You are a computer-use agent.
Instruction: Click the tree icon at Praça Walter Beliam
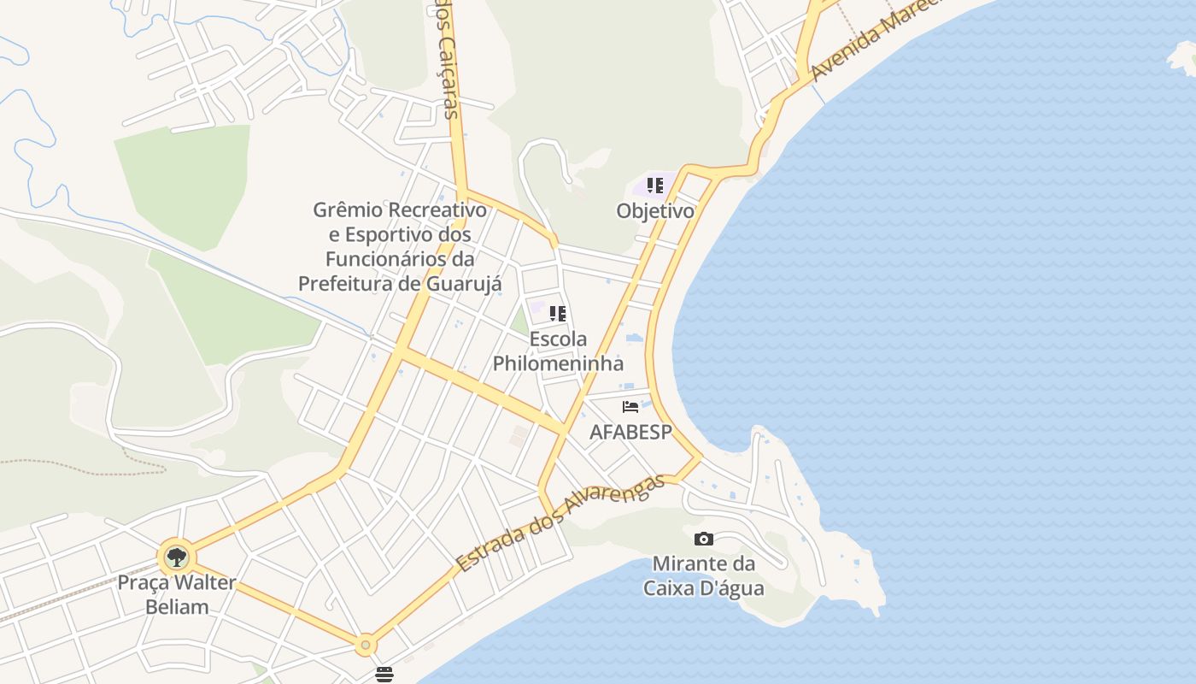[x=177, y=558]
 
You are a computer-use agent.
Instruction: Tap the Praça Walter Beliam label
[x=177, y=595]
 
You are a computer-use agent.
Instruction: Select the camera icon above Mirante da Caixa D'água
[x=704, y=539]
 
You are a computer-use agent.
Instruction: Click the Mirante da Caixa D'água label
[x=704, y=576]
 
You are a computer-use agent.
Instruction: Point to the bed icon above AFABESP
[x=630, y=407]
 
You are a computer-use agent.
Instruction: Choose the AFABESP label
[x=630, y=433]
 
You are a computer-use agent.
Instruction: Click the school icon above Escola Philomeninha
[x=558, y=314]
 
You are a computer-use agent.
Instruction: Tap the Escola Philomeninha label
[x=558, y=351]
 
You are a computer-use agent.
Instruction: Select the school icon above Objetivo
[x=655, y=186]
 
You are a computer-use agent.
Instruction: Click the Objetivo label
[x=655, y=211]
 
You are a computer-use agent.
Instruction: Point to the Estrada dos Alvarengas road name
[x=560, y=523]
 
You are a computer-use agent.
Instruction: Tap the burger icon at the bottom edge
[x=384, y=675]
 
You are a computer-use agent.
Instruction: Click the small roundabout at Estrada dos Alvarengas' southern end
[x=366, y=645]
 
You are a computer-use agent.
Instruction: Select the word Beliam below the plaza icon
[x=177, y=607]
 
